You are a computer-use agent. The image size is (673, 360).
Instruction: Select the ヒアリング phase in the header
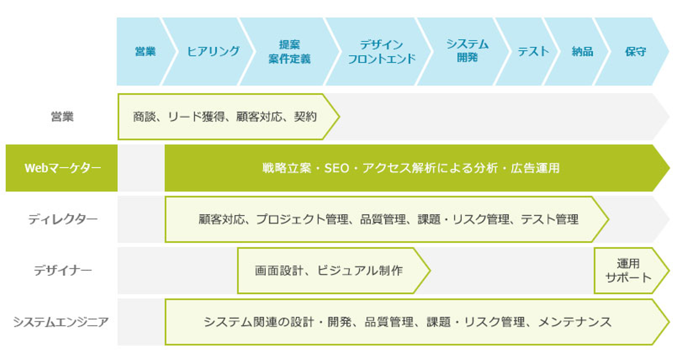pos(213,51)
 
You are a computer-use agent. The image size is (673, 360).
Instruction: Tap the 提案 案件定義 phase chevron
pos(289,51)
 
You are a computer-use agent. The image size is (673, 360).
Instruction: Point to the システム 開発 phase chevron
pos(467,51)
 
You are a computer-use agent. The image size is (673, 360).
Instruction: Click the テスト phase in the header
pos(533,51)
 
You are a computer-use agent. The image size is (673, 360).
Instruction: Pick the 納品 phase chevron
pos(582,51)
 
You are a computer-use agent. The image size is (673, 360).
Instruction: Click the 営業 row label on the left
pos(62,116)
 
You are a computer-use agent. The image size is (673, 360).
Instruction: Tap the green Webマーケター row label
pos(62,168)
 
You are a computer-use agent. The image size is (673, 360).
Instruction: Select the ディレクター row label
pos(62,219)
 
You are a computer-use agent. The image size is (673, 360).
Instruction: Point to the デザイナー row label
pos(62,271)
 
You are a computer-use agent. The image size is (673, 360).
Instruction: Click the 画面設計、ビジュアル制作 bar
pos(329,271)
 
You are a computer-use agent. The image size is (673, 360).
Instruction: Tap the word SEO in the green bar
pos(336,168)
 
